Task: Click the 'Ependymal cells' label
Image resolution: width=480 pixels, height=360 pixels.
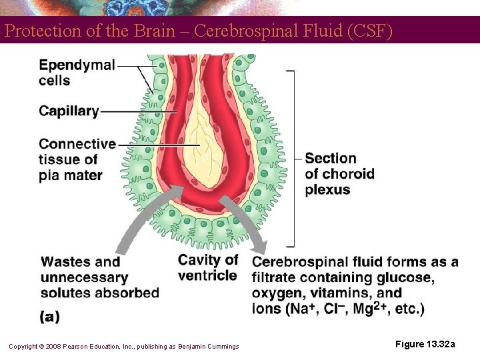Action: click(x=76, y=73)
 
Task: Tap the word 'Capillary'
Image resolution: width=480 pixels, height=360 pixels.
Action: click(x=69, y=111)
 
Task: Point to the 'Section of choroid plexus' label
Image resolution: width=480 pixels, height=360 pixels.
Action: click(x=339, y=173)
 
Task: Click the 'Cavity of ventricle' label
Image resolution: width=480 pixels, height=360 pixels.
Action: click(x=207, y=267)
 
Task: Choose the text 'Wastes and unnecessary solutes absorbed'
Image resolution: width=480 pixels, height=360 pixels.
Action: click(x=99, y=277)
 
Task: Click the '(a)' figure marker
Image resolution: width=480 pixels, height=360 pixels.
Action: click(x=50, y=317)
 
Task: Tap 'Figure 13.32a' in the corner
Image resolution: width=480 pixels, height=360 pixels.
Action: click(x=425, y=344)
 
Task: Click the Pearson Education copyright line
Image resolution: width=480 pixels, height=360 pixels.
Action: click(x=123, y=346)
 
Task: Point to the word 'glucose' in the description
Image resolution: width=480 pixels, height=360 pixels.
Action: click(x=406, y=277)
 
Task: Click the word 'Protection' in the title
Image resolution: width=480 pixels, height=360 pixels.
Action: click(x=37, y=31)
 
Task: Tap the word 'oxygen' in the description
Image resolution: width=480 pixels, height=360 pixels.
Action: click(x=277, y=294)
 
